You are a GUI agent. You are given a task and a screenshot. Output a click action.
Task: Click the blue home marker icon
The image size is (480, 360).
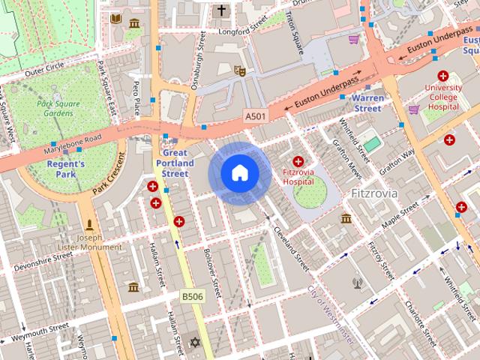click(x=239, y=173)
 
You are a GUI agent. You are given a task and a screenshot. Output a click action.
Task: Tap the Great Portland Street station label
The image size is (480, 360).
click(x=175, y=163)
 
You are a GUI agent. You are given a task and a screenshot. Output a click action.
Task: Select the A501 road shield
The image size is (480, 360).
click(x=255, y=118)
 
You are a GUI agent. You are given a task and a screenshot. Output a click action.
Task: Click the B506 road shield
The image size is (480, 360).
click(x=192, y=297)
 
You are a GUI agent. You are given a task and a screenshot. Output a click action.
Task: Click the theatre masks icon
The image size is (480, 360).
click(x=240, y=71)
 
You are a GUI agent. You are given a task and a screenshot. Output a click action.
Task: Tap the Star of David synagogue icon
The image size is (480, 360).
click(x=196, y=342)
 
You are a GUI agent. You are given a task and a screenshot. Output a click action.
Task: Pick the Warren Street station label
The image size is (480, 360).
click(x=367, y=103)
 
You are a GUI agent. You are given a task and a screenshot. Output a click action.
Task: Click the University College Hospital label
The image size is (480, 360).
click(x=442, y=97)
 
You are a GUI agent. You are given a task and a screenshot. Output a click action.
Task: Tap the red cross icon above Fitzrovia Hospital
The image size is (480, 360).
click(x=298, y=161)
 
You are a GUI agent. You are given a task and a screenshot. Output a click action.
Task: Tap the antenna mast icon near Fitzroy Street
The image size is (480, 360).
click(x=357, y=284)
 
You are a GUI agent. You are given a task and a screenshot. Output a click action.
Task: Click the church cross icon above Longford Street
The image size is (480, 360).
click(x=221, y=11)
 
